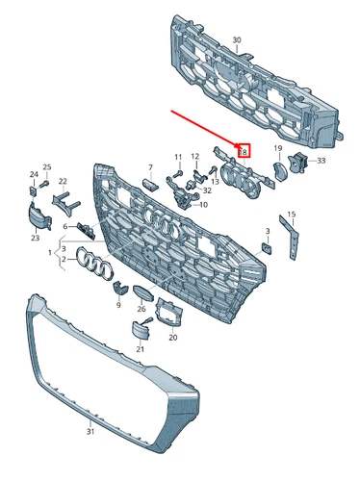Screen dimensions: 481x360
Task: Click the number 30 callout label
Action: click(237, 40)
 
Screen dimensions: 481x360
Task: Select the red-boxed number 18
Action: click(244, 151)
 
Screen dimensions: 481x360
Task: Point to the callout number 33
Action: click(321, 160)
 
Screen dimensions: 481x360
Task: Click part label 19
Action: click(277, 148)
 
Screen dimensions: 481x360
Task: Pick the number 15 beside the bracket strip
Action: click(292, 214)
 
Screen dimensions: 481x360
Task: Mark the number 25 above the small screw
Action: click(46, 167)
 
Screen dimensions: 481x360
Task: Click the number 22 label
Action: click(63, 181)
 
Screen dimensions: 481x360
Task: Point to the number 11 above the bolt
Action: click(177, 156)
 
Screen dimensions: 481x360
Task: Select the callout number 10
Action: click(202, 205)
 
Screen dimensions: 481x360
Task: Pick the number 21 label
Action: click(140, 348)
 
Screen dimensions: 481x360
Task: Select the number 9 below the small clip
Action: click(118, 304)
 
